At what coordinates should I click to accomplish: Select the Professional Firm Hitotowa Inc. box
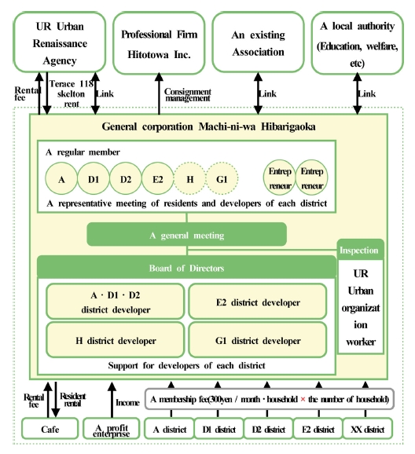coord(156,42)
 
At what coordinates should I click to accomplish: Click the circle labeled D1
coord(94,179)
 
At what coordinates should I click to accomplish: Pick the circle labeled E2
coord(158,179)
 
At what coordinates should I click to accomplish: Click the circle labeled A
coord(61,179)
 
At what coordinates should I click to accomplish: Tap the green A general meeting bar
coord(186,235)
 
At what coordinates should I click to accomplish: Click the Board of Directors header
coord(186,268)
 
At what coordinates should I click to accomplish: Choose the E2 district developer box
coord(257,302)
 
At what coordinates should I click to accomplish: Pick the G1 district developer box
coord(257,340)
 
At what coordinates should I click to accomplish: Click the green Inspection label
coord(359,251)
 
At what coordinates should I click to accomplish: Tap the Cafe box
coord(50,430)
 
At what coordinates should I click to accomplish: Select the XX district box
coord(367,430)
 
